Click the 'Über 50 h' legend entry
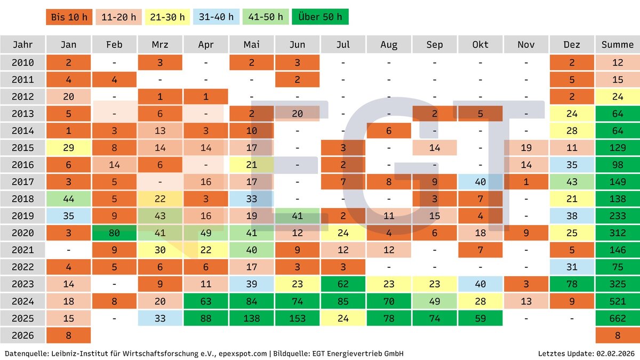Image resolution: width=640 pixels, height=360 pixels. pos(321,17)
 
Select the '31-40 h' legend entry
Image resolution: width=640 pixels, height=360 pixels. pos(216,17)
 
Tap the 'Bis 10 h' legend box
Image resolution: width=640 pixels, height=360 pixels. pos(69,17)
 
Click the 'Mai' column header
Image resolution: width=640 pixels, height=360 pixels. pos(252,45)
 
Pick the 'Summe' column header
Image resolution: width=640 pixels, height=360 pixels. pos(618,45)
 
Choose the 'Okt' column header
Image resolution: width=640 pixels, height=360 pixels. pos(480,45)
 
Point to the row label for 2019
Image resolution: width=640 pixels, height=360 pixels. pos(23,216)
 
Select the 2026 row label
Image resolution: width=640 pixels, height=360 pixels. pos(23,335)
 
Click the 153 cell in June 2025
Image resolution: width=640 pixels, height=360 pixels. pos(298,318)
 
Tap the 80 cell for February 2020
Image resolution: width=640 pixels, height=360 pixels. pos(114,233)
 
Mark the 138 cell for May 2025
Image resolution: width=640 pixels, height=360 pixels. pos(252,318)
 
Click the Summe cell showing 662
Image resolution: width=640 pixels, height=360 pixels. pos(618,318)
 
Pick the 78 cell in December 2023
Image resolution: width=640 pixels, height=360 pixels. pos(572,284)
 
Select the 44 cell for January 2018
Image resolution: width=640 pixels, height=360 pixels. pos(69,199)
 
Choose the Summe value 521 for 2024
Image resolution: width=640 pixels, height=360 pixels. pos(618,301)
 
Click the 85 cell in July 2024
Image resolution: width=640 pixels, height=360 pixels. pos(343,301)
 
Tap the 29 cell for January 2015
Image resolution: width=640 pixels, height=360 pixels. pos(69,148)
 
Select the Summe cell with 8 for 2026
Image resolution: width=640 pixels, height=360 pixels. pos(618,335)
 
